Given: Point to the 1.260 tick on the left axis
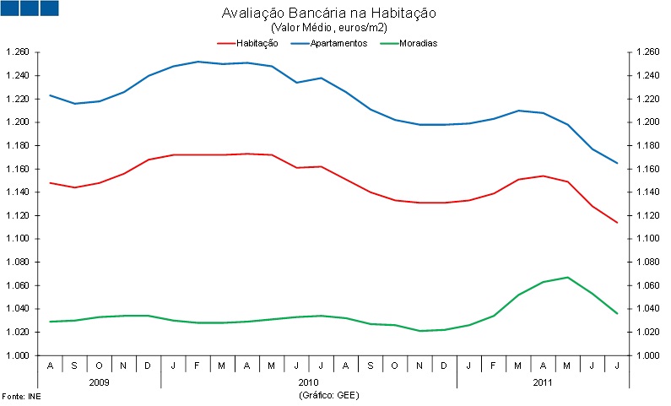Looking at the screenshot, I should click(x=18, y=52).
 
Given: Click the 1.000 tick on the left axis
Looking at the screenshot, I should click(x=18, y=355).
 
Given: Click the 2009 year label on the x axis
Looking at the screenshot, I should click(x=99, y=382).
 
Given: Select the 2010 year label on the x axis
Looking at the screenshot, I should click(x=309, y=382).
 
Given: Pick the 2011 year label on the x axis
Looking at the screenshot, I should click(x=543, y=382).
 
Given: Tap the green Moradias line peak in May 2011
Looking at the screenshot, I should click(x=568, y=277).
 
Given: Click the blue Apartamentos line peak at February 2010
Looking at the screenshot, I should click(x=198, y=62).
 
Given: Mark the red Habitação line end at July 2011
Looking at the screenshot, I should click(x=617, y=223).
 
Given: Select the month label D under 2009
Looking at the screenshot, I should click(x=149, y=366).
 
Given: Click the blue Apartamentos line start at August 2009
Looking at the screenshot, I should click(x=51, y=95).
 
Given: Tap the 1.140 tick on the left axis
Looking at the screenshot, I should click(x=18, y=192).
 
